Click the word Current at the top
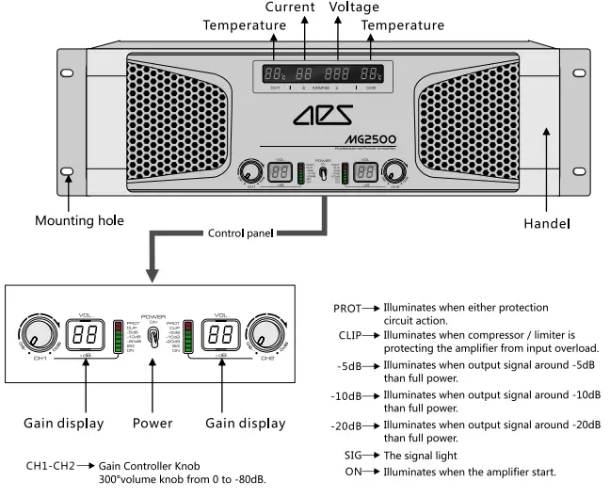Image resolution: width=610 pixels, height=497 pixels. click(x=289, y=8)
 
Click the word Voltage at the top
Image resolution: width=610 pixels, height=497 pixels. click(x=354, y=8)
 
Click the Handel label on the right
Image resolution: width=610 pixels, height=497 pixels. click(x=547, y=225)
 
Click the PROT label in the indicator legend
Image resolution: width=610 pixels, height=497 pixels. click(x=348, y=308)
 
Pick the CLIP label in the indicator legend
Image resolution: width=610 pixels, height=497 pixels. click(x=350, y=334)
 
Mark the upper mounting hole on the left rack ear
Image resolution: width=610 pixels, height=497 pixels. click(x=68, y=73)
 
